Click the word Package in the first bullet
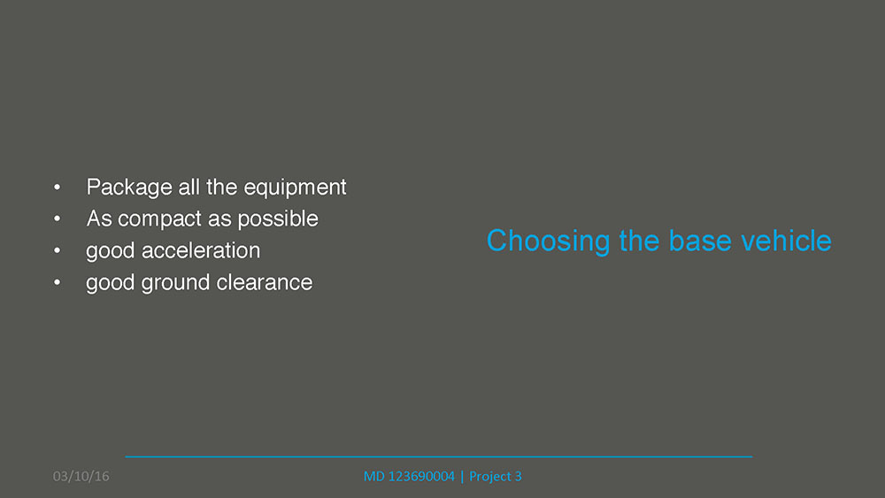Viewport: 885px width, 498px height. [x=129, y=188]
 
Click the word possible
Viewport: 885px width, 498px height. [x=278, y=218]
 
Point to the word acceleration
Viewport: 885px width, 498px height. [x=201, y=250]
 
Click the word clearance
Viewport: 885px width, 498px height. [x=264, y=282]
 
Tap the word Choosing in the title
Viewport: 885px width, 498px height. [x=548, y=241]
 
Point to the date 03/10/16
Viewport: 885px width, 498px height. [x=81, y=477]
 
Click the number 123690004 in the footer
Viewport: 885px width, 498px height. [x=421, y=477]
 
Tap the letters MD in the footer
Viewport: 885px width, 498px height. [x=373, y=477]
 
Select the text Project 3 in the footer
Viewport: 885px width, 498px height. [x=496, y=477]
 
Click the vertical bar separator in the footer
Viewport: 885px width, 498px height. [x=462, y=477]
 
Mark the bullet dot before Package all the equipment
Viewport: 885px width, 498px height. [x=57, y=188]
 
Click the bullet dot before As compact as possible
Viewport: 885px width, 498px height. [x=57, y=218]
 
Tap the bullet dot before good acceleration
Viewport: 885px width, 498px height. [x=57, y=250]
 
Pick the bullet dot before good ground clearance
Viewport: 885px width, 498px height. [x=57, y=282]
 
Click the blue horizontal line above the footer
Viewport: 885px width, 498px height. [x=439, y=456]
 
